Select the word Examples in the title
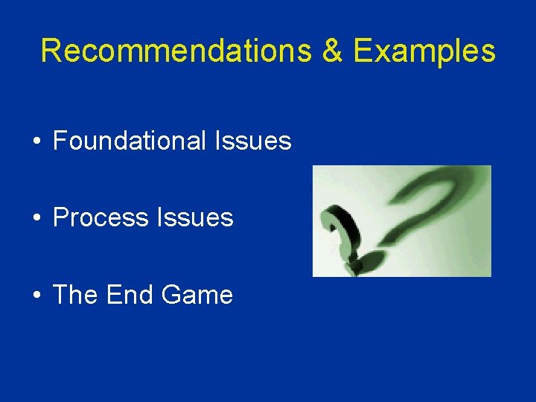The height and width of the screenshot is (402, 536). pyautogui.click(x=424, y=51)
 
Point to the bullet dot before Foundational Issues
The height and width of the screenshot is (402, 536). pyautogui.click(x=36, y=141)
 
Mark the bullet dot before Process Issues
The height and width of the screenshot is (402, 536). pyautogui.click(x=36, y=219)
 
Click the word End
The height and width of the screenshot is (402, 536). pyautogui.click(x=130, y=295)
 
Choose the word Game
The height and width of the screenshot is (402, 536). pyautogui.click(x=197, y=295)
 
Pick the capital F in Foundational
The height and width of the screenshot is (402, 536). pyautogui.click(x=60, y=140)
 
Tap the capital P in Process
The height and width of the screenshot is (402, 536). pyautogui.click(x=60, y=217)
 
